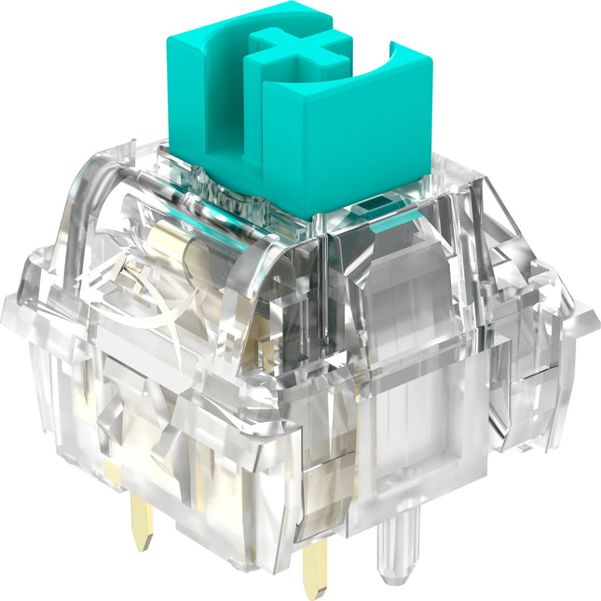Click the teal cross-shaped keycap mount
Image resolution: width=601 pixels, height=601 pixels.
coord(290,46)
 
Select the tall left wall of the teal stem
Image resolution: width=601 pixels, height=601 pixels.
coord(186,93)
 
